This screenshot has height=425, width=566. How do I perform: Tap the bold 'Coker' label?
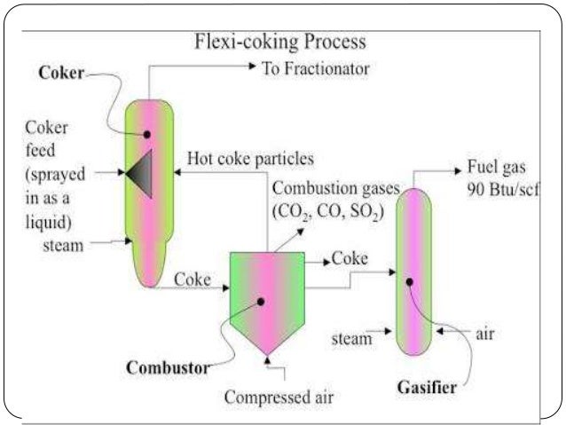pos(59,75)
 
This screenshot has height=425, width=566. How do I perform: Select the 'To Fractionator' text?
pos(315,68)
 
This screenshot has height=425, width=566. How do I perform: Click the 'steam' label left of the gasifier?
pos(352,338)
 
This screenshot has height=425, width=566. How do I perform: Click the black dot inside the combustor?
pos(262,301)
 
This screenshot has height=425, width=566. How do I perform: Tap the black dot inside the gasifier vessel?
pos(410,283)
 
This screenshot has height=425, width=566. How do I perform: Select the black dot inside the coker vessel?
pos(147,134)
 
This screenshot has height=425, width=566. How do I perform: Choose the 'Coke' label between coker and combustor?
pos(193,280)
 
